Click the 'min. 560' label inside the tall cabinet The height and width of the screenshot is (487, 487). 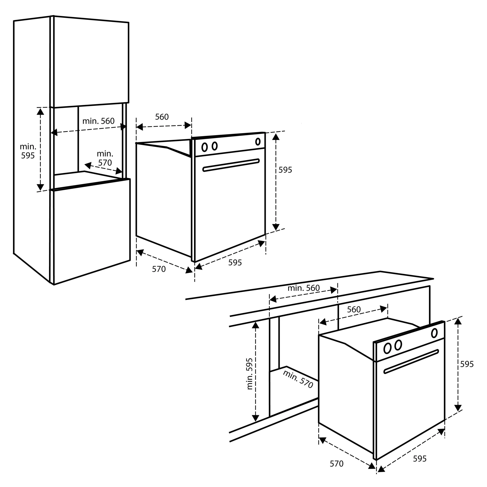pos(98,121)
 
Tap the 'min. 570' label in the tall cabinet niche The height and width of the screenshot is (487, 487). pos(105,158)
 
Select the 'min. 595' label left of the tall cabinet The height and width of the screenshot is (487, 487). pos(28,151)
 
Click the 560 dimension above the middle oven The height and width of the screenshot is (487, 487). pos(162,117)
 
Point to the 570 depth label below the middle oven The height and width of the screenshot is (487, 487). pos(159,269)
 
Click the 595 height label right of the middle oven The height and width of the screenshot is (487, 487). pos(285,170)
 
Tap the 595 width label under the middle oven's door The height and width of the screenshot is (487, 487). pos(235,263)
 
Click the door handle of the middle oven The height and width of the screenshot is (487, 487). pos(231,165)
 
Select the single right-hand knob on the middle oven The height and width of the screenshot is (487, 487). pos(258,142)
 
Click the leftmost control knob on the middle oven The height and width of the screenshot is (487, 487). pos(204,147)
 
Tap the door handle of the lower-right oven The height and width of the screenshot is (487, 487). pos(411,361)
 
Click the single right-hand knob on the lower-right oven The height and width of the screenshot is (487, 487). pos(434,333)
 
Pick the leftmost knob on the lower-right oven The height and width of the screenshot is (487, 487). pos(387,349)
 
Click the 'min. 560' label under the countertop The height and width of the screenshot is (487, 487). pos(304,288)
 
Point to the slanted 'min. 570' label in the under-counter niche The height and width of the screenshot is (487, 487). pos(298,379)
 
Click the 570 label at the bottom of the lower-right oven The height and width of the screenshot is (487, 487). pos(337,464)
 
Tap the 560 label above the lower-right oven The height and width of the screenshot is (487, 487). pos(354,309)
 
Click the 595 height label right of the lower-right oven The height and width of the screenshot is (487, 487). pos(467,364)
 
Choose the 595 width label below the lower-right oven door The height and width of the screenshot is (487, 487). pos(420,459)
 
